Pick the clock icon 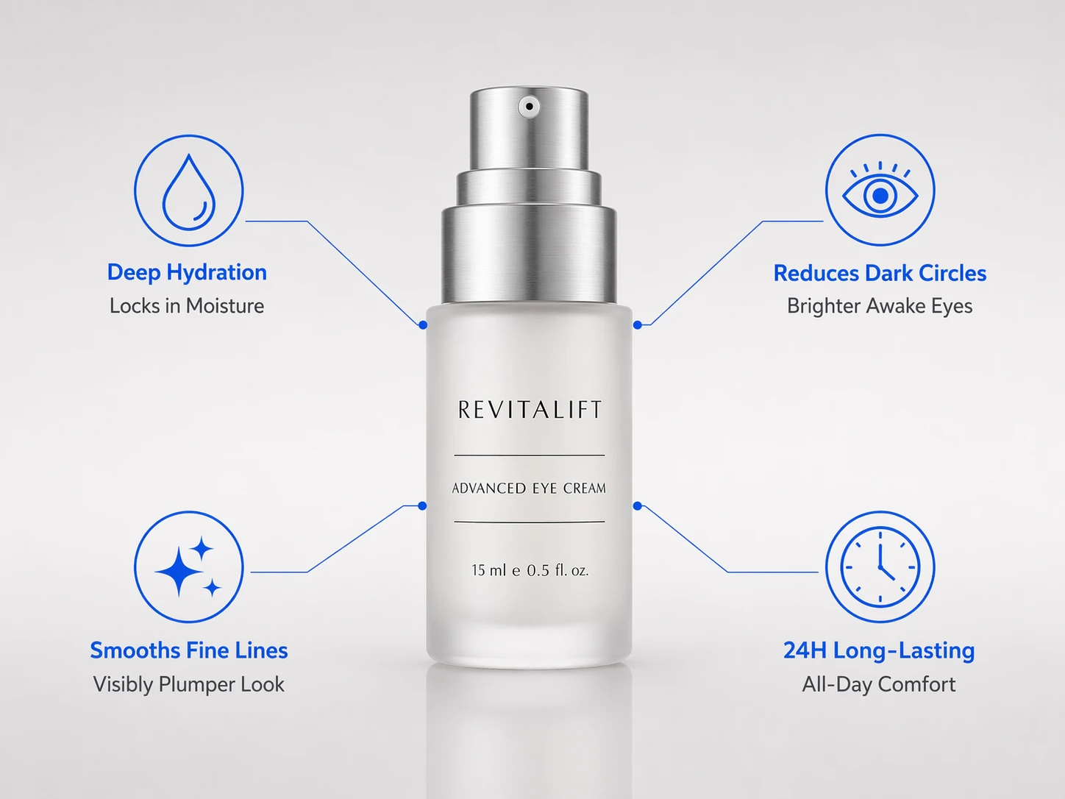coord(880,567)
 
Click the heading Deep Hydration coord(187,273)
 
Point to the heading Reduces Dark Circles coord(880,273)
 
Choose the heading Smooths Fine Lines coord(189,650)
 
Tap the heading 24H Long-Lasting coord(879,650)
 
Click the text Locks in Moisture coord(187,306)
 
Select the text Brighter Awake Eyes coord(880,306)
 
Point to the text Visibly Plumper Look coord(189,684)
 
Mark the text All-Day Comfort coord(879,684)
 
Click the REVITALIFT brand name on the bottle coord(530,410)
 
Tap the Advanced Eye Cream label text coord(529,488)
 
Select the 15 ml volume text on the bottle coord(530,570)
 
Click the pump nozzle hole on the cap coord(529,106)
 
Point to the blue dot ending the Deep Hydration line coord(423,324)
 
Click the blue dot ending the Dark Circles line coord(638,324)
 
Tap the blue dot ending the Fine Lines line coord(422,506)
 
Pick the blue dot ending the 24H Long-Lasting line coord(638,506)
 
